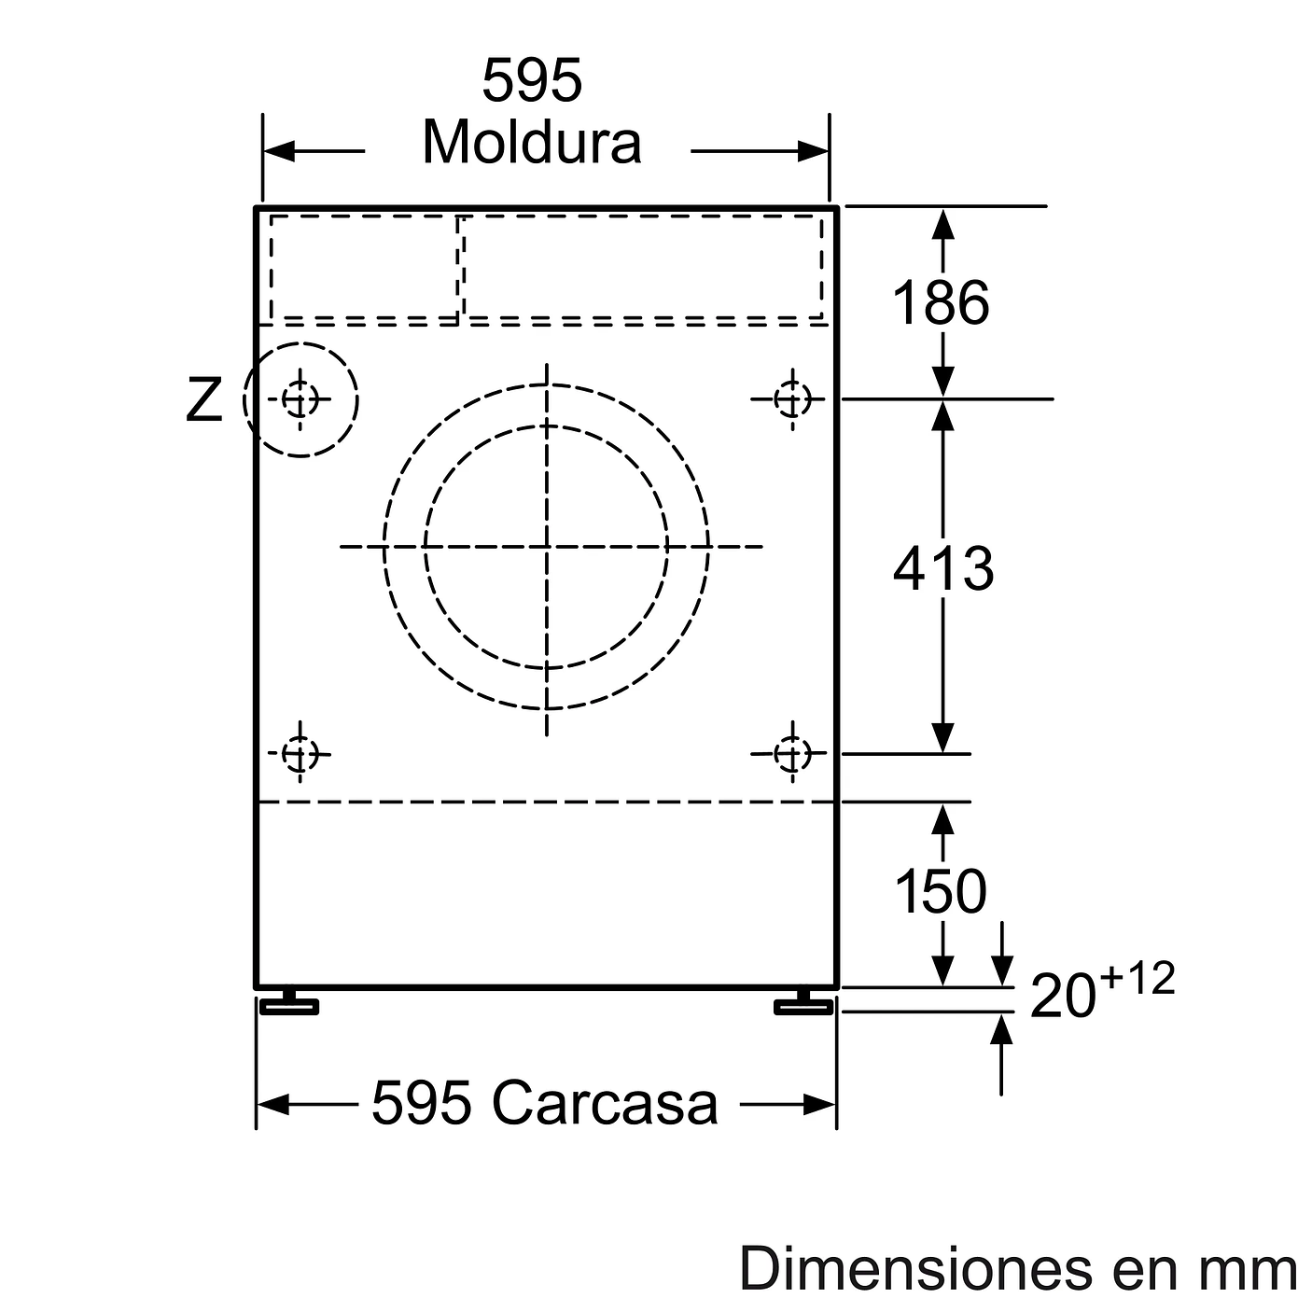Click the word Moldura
(x=531, y=143)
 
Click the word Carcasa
(x=605, y=1103)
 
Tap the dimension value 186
(x=941, y=302)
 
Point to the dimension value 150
(x=941, y=890)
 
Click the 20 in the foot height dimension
(x=1062, y=998)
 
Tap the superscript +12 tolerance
(x=1137, y=979)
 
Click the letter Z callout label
(x=204, y=400)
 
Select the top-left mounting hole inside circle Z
(x=300, y=400)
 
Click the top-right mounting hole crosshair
(x=792, y=399)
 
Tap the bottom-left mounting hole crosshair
(x=300, y=752)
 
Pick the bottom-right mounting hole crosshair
(x=792, y=752)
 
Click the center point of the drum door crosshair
(x=547, y=547)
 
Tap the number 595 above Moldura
(x=531, y=81)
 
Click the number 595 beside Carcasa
(x=421, y=1103)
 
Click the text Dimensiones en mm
(x=1017, y=1269)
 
